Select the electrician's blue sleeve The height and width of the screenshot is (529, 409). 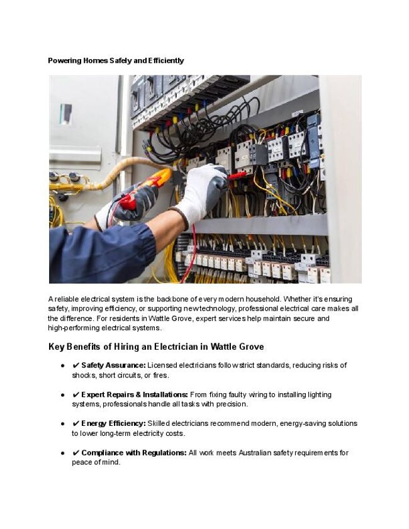(101, 252)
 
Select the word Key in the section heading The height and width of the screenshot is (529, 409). (57, 347)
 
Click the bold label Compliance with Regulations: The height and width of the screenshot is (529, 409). (134, 453)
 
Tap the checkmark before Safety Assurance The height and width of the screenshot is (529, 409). (76, 365)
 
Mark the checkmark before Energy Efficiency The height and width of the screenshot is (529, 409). (76, 423)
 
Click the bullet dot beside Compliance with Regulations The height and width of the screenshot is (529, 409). (63, 453)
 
